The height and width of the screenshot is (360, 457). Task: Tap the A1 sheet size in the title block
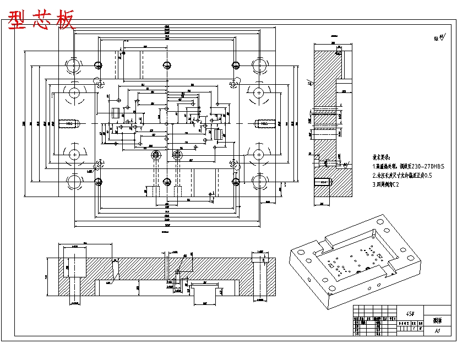(438, 331)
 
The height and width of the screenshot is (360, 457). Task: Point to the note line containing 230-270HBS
(408, 166)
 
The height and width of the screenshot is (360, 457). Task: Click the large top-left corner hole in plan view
(73, 65)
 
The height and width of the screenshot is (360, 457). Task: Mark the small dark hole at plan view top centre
(167, 65)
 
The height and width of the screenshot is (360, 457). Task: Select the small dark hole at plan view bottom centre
(167, 182)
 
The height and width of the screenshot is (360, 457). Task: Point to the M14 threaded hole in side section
(323, 182)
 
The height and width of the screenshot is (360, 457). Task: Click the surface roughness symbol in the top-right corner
(440, 39)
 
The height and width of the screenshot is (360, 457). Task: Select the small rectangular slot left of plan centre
(116, 113)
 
